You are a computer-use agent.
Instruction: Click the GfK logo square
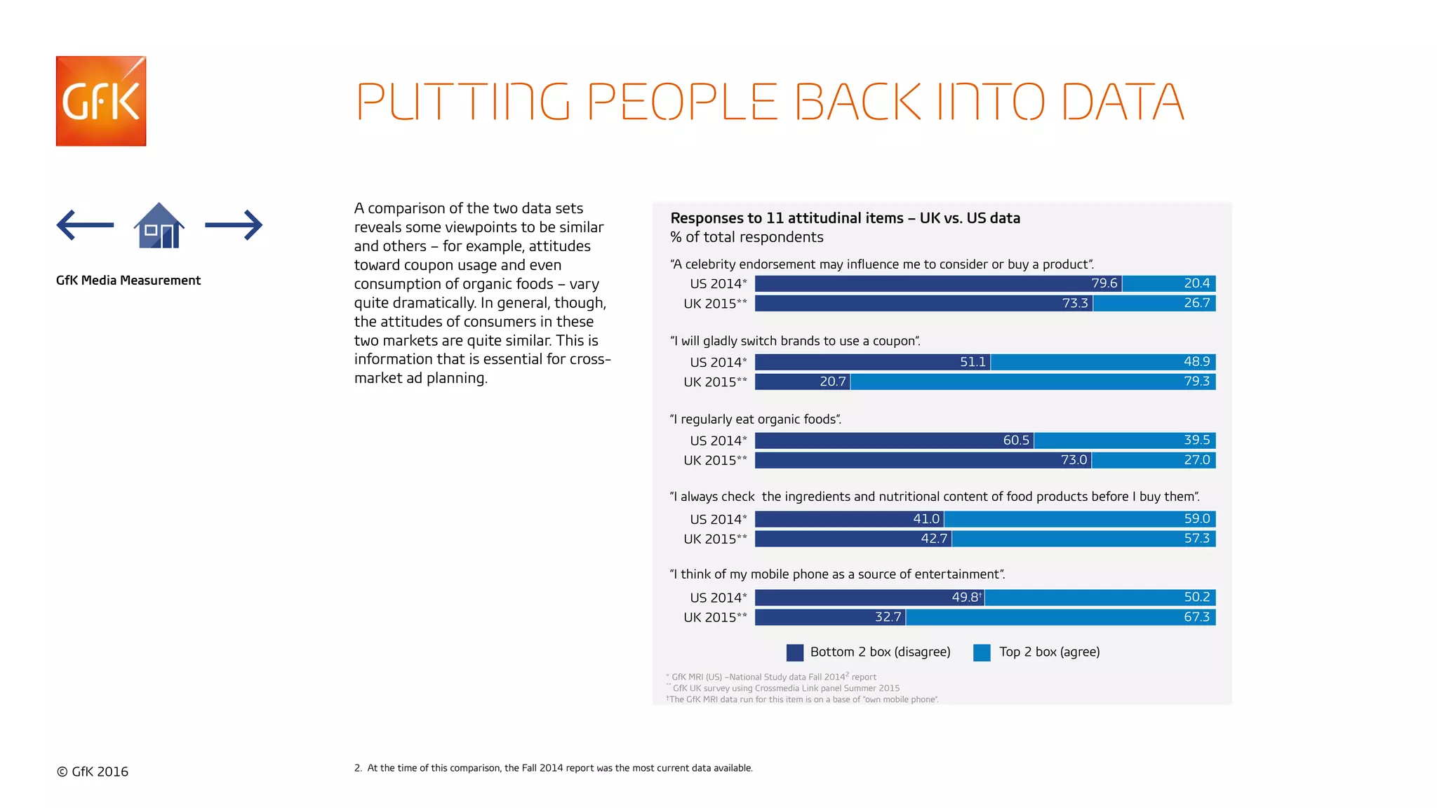coord(101,101)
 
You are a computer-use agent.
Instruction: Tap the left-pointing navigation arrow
coord(85,225)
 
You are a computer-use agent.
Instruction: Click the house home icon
coord(159,226)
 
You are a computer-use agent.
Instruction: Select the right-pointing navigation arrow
coord(234,225)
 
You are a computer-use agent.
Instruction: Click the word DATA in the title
coord(1123,102)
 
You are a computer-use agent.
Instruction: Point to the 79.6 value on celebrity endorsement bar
coord(1104,283)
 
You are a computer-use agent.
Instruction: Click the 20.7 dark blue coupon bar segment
coord(803,382)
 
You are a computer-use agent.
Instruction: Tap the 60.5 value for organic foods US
coord(1015,440)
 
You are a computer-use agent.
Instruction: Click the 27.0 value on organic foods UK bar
coord(1196,460)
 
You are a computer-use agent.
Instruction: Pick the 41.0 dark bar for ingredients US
coord(849,519)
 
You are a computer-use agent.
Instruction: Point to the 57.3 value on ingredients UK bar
coord(1196,539)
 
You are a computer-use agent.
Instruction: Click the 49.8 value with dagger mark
coord(966,598)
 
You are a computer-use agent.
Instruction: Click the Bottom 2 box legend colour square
coord(795,652)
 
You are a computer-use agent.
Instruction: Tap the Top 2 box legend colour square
coord(982,652)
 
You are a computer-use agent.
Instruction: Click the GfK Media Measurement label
coord(128,281)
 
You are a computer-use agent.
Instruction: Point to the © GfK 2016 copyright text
coord(93,772)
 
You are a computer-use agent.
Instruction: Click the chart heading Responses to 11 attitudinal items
coord(845,218)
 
